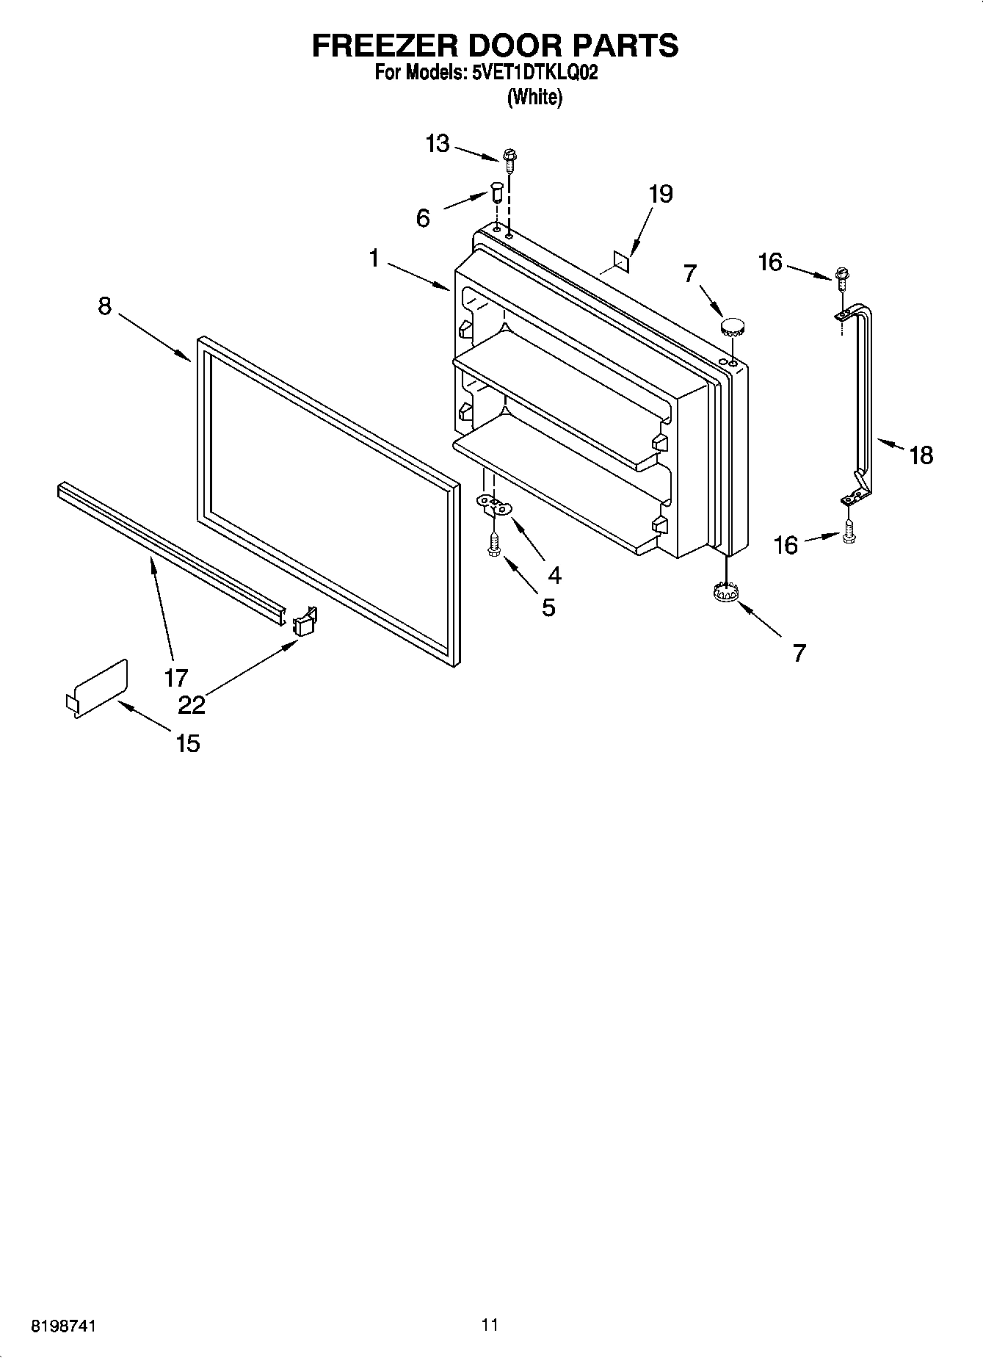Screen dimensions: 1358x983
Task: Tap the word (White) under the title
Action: (534, 97)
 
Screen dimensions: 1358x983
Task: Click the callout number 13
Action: (438, 143)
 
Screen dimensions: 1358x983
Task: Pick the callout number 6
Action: (423, 218)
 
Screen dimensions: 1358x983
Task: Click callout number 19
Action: (661, 194)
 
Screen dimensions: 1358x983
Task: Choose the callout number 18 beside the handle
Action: (921, 455)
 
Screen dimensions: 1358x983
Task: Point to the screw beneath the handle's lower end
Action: (849, 532)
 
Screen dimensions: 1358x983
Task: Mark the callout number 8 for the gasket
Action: (105, 306)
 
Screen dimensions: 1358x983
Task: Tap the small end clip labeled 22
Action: (304, 621)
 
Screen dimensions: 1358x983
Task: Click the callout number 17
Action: (176, 677)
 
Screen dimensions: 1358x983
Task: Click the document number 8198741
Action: (63, 1326)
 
